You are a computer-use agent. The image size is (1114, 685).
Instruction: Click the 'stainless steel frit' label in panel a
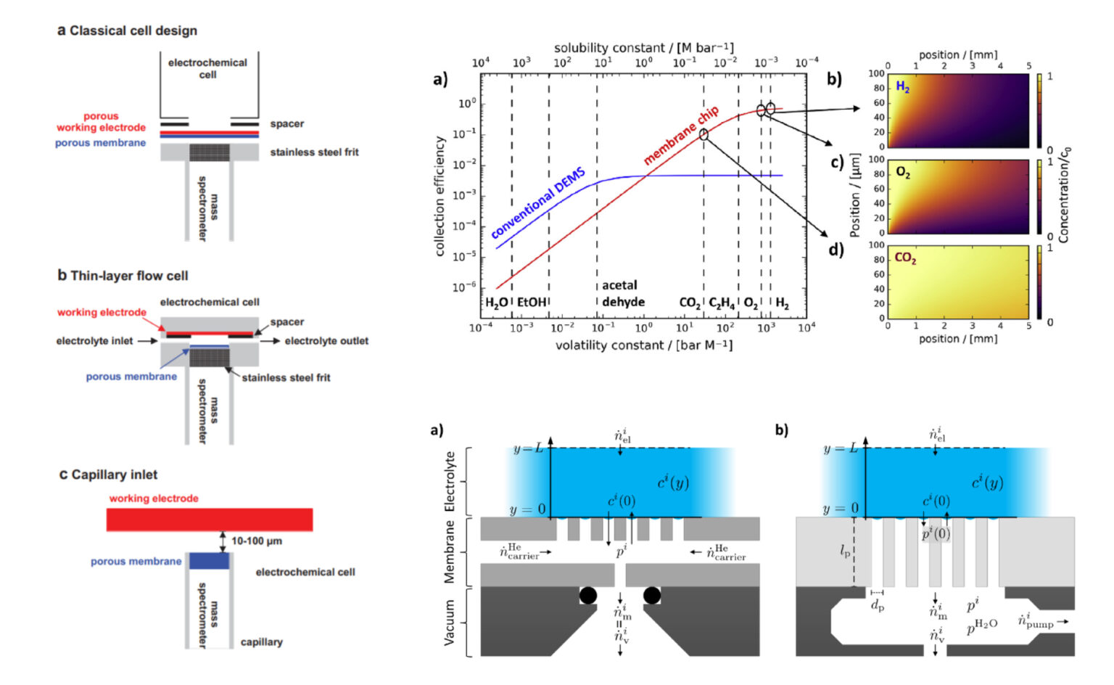tap(314, 152)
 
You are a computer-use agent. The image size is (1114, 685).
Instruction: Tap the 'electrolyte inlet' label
tap(94, 341)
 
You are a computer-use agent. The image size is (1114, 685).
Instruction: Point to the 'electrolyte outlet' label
tap(326, 341)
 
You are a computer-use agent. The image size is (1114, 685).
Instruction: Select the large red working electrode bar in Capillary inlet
tap(210, 520)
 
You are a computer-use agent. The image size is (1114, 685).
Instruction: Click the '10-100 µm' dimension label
tap(256, 541)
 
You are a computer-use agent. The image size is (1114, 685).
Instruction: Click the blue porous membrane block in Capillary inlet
tap(209, 561)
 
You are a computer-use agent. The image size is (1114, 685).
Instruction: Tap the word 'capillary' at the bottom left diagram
tap(261, 642)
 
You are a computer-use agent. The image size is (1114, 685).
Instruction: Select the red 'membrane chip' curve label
tap(681, 135)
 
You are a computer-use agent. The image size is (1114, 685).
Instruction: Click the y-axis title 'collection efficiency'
tap(440, 196)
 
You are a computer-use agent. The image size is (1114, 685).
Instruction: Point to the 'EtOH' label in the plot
tap(531, 303)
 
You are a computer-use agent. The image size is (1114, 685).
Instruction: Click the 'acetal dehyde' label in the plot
tap(622, 294)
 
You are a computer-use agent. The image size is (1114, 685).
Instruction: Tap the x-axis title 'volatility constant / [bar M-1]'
tap(643, 345)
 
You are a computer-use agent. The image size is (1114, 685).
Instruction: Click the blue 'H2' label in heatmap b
tap(902, 88)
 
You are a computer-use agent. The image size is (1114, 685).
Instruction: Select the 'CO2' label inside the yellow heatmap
tap(904, 258)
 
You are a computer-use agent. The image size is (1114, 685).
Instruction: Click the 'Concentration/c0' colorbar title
tap(1064, 195)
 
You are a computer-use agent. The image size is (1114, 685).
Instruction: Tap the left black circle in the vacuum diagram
tap(588, 596)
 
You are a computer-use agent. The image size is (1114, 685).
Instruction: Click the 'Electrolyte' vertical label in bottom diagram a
tap(450, 482)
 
